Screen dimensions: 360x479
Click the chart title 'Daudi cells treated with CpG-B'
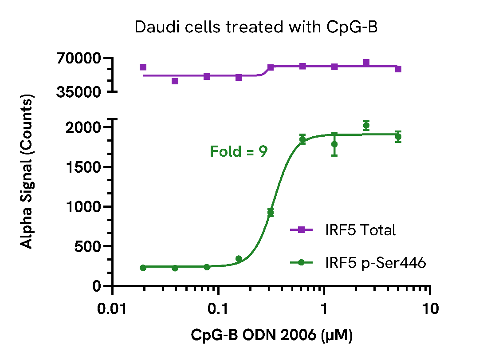pyautogui.click(x=256, y=28)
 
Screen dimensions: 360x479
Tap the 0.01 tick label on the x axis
pyautogui.click(x=112, y=309)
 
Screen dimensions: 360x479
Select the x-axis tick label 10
pyautogui.click(x=429, y=309)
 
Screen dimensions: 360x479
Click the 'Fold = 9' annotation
pyautogui.click(x=239, y=152)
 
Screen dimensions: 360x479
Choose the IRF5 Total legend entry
pyautogui.click(x=342, y=230)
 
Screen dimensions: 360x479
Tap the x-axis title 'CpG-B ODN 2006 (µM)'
pyautogui.click(x=272, y=336)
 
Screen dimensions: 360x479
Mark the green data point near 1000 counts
pyautogui.click(x=271, y=212)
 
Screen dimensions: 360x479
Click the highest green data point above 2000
pyautogui.click(x=366, y=125)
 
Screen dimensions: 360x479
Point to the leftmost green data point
pyautogui.click(x=143, y=268)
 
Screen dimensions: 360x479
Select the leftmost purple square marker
pyautogui.click(x=143, y=67)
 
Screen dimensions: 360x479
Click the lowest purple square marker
pyautogui.click(x=175, y=81)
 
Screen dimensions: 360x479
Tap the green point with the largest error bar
pyautogui.click(x=334, y=144)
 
